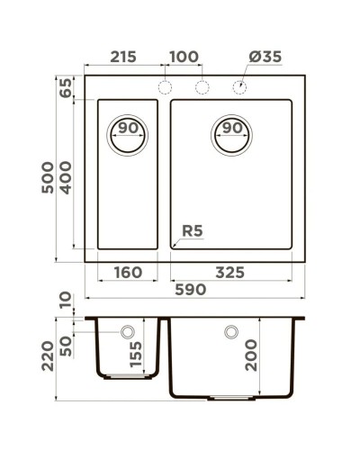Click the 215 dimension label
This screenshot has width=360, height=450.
coord(122,57)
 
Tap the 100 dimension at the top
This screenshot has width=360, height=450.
coord(184,57)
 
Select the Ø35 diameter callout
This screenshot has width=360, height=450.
coord(265,57)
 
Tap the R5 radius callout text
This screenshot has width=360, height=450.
coord(193,231)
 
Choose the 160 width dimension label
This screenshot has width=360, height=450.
coord(128,273)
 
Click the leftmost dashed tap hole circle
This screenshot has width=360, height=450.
coord(165,87)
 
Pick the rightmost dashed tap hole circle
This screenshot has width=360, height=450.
coord(240,87)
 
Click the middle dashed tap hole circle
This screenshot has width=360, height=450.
coord(202,87)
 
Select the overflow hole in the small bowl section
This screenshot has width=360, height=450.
coord(128,332)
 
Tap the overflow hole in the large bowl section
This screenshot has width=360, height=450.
coord(231,332)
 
